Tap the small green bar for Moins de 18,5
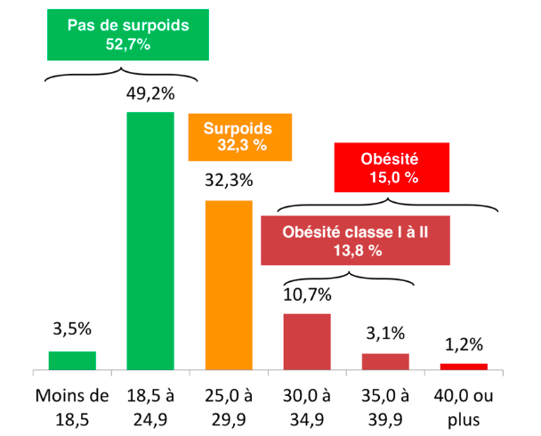pos(71,360)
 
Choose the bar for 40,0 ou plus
pos(464,366)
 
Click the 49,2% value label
pos(149,93)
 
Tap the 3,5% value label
pos(72,328)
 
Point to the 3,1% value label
pos(385,334)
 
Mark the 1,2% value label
pos(464,343)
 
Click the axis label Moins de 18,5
pos(71,403)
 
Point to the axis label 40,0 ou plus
pos(464,403)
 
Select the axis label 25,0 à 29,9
pos(229,403)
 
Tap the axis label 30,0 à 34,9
pos(307,403)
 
